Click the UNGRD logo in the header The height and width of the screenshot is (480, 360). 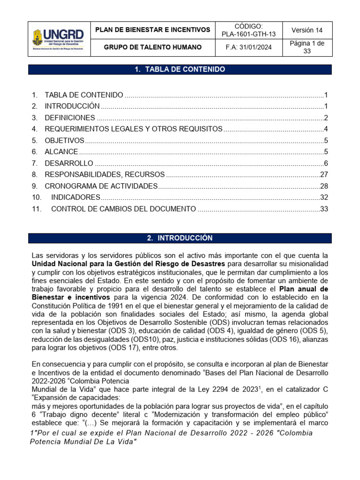pos(58,39)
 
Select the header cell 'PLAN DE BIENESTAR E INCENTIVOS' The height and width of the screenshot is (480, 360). pos(153,30)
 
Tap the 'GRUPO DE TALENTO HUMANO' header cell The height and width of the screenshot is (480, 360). pos(153,47)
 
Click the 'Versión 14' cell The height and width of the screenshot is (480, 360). pos(307,30)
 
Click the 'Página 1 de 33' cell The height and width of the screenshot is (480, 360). pos(307,47)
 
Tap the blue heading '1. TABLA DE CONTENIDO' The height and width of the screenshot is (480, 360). pos(180,69)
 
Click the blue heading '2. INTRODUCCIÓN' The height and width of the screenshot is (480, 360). pos(180,238)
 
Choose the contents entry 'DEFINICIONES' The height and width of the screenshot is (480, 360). pos(70,118)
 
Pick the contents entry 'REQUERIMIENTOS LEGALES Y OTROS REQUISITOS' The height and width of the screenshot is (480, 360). pos(134,129)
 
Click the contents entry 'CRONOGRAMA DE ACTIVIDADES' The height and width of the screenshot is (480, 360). pos(101,186)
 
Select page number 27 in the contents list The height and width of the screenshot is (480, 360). pos(323,174)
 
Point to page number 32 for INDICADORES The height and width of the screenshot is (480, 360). pos(323,197)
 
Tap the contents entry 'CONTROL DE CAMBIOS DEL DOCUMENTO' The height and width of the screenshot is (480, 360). pos(123,209)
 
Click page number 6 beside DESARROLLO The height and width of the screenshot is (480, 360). pos(325,163)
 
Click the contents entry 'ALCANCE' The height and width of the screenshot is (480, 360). pos(61,152)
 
